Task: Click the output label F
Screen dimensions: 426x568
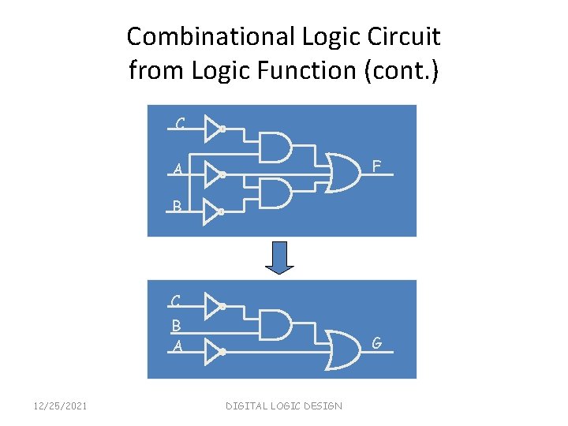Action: click(377, 166)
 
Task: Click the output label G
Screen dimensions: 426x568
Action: click(377, 343)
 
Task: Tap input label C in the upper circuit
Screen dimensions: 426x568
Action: click(181, 124)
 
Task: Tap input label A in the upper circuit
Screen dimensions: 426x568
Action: click(178, 170)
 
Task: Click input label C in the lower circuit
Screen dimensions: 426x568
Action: click(176, 301)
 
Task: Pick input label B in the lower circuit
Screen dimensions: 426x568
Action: click(176, 324)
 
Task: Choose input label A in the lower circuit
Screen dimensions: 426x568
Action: click(177, 346)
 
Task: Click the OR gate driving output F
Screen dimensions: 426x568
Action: click(345, 168)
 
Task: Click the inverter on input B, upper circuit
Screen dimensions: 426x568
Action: click(214, 211)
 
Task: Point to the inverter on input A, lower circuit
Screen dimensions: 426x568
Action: click(214, 352)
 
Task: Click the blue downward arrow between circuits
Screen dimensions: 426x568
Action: click(279, 257)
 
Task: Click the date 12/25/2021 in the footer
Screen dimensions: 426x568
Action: click(60, 405)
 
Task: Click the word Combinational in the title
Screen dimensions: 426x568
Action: click(211, 36)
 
